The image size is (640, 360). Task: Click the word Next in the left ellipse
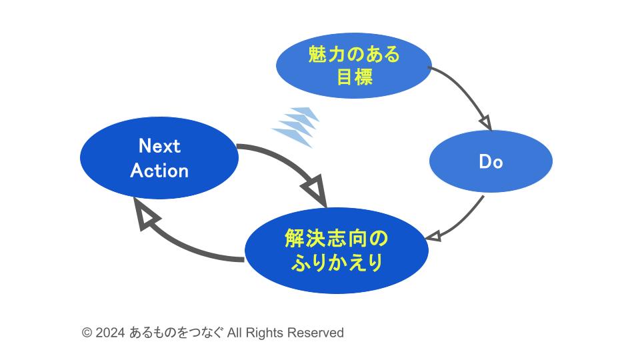[159, 146]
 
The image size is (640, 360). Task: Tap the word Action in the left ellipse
[159, 171]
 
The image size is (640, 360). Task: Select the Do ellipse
[491, 162]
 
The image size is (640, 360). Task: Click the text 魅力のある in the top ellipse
[354, 55]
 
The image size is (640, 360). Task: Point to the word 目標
[354, 77]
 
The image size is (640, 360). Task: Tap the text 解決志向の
[336, 238]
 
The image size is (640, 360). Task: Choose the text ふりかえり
[337, 263]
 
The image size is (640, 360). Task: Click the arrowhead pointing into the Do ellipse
[486, 123]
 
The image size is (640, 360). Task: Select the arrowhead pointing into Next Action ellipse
[145, 215]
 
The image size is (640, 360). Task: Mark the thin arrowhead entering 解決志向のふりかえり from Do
[433, 236]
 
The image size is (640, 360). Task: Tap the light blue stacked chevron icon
[295, 126]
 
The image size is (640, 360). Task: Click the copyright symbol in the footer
[87, 333]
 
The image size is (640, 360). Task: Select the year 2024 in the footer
[110, 333]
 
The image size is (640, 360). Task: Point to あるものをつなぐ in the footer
[176, 333]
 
